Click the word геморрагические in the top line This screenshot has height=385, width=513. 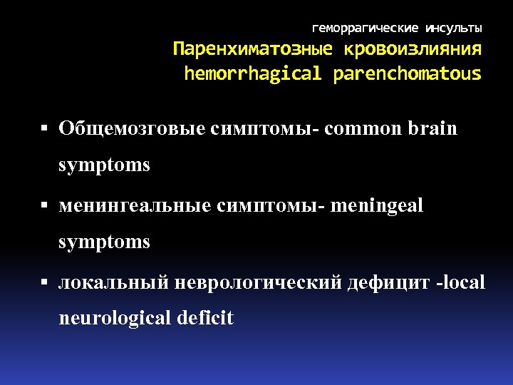coord(366,29)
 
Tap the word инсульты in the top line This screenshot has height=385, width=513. coord(453,29)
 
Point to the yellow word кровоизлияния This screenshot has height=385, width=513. coord(412,51)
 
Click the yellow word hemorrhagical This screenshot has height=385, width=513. coord(253,73)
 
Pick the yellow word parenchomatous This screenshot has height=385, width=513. coord(407,73)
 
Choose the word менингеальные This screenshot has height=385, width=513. coord(135,206)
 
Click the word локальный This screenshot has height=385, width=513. coord(113,283)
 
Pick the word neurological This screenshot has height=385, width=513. coord(115,318)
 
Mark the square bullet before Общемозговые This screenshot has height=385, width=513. coord(44,130)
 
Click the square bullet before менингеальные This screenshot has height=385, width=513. coord(44,207)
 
